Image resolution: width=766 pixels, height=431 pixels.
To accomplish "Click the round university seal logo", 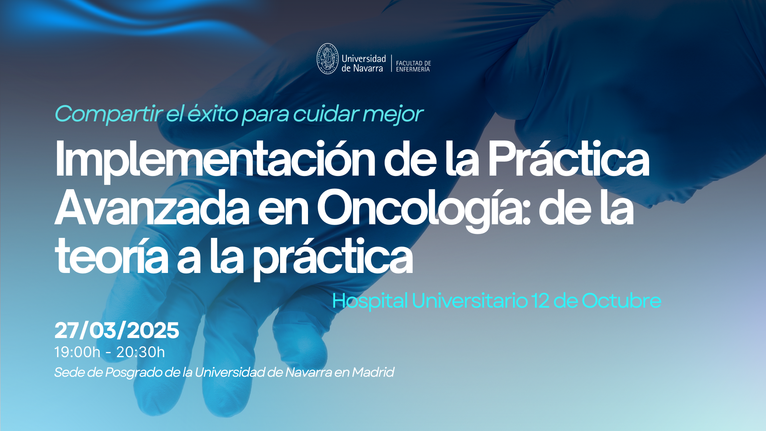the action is click(328, 59).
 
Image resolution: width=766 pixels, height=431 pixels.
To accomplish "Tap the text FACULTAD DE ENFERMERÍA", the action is click(413, 66).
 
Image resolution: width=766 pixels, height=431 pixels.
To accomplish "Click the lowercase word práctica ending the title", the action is click(333, 258).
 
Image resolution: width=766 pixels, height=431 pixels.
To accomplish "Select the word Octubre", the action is click(622, 301).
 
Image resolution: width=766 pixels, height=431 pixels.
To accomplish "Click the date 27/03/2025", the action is click(117, 330).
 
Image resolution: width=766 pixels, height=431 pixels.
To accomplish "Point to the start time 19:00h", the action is click(77, 352).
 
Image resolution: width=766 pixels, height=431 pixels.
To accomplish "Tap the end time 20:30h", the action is click(140, 352).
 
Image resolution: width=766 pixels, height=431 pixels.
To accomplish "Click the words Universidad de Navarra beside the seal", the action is click(363, 63).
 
